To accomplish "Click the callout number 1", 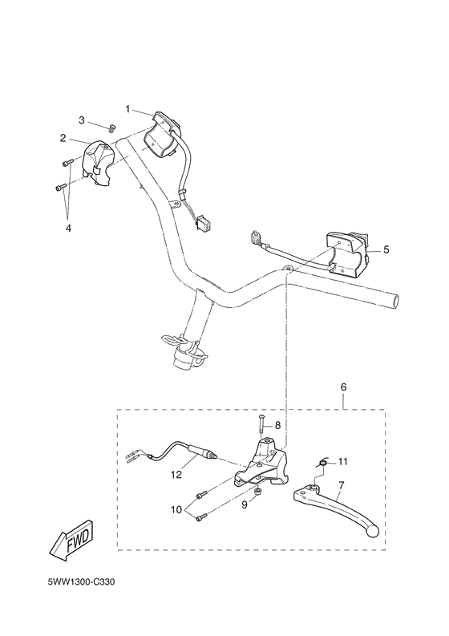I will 127,107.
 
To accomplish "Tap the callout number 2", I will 63,138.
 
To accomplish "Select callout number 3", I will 82,120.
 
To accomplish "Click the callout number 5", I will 386,249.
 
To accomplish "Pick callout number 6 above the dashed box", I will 343,387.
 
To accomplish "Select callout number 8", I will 278,425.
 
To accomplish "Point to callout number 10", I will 176,510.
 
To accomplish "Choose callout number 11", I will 343,460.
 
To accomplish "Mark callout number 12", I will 176,474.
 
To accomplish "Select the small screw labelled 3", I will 112,126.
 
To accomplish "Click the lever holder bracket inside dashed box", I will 261,465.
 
